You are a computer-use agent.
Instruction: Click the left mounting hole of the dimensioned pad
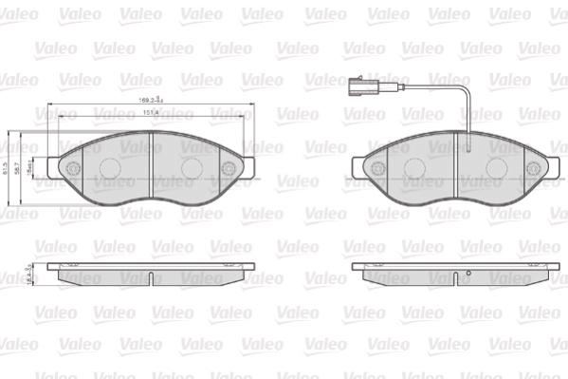click(x=73, y=167)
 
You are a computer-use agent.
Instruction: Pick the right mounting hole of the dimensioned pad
click(x=228, y=168)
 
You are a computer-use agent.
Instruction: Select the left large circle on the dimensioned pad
click(x=107, y=166)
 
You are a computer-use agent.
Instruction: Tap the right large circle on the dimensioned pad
click(x=192, y=166)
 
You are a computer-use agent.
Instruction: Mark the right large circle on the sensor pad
click(x=496, y=166)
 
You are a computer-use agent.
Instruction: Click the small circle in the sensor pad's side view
click(x=467, y=276)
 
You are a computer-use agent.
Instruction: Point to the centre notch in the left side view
click(x=151, y=277)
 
